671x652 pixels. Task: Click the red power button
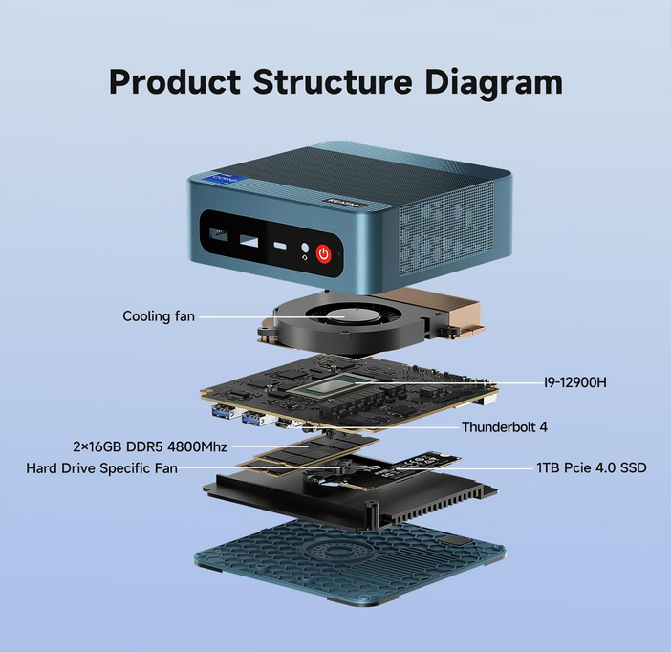pyautogui.click(x=324, y=253)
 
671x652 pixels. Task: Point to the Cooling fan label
pyautogui.click(x=159, y=315)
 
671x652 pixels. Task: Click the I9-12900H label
pyautogui.click(x=575, y=382)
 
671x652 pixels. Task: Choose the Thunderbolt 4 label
pyautogui.click(x=505, y=427)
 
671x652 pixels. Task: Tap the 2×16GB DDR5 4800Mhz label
pyautogui.click(x=148, y=446)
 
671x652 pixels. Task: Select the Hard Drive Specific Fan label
pyautogui.click(x=102, y=468)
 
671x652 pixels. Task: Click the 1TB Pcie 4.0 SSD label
pyautogui.click(x=592, y=468)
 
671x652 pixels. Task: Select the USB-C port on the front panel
pyautogui.click(x=281, y=246)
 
